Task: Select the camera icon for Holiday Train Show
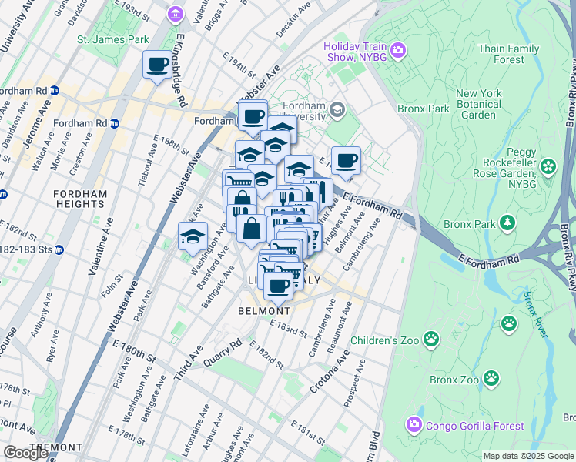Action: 398,51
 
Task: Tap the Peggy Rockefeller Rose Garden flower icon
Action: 548,166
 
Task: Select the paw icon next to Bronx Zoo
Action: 491,379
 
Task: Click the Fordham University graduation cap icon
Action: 336,111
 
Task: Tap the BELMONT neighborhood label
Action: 264,311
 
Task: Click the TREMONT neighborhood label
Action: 55,447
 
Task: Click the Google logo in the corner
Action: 25,453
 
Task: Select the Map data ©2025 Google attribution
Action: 527,456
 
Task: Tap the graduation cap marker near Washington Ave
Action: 193,236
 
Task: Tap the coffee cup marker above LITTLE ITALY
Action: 278,286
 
